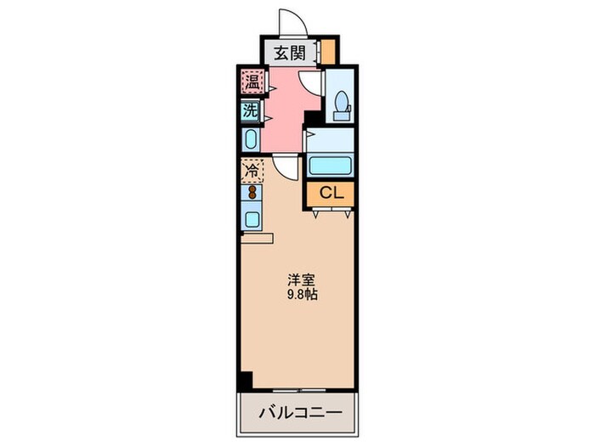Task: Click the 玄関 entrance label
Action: (x=289, y=54)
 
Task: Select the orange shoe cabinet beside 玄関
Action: (x=327, y=53)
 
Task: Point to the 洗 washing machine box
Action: (x=251, y=110)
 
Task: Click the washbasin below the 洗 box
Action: (x=251, y=138)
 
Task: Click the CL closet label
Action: (x=330, y=194)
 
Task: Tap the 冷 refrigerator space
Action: (x=252, y=172)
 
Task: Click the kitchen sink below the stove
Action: (x=252, y=218)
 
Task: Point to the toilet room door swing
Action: (x=313, y=81)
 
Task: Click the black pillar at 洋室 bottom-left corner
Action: (x=246, y=381)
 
